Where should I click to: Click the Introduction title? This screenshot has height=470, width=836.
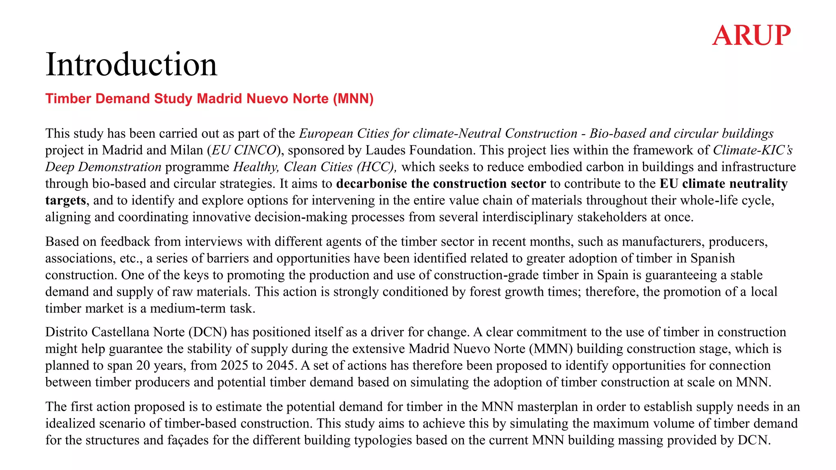[131, 64]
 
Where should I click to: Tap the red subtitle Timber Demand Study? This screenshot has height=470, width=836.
[209, 99]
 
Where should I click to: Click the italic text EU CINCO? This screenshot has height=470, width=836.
[244, 150]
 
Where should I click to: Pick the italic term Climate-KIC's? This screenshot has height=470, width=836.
[752, 150]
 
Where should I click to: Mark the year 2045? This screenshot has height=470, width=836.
[280, 365]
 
